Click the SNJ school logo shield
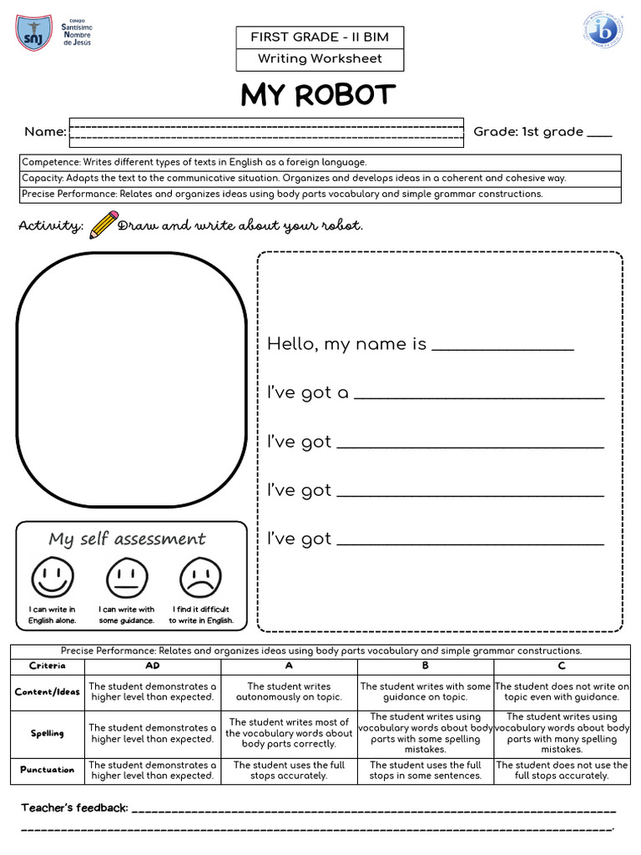33,33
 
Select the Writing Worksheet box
320,58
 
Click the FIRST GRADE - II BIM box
320,38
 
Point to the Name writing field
266,132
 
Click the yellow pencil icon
103,225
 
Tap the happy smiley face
53,577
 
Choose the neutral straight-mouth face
126,577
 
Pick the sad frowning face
200,577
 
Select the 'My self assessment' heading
127,539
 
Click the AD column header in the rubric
153,666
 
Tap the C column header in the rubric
562,666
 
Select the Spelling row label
48,734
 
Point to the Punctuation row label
48,770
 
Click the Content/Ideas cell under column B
426,692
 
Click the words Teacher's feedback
74,807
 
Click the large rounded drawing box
132,381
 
